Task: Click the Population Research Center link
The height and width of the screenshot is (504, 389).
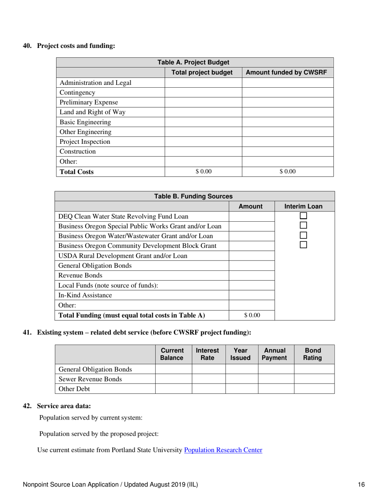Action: pyautogui.click(x=223, y=450)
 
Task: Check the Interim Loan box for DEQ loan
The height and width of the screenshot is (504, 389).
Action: pyautogui.click(x=303, y=216)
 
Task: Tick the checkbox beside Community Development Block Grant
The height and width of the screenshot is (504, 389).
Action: pyautogui.click(x=303, y=245)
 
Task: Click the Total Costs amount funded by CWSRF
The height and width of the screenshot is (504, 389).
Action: pyautogui.click(x=287, y=172)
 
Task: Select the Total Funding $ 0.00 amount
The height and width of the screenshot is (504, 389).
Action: pyautogui.click(x=252, y=315)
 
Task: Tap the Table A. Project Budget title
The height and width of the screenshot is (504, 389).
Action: pyautogui.click(x=194, y=62)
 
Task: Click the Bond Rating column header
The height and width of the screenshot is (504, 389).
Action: pyautogui.click(x=314, y=354)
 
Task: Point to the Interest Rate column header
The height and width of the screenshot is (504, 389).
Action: pyautogui.click(x=208, y=354)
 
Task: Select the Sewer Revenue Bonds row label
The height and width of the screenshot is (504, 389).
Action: pyautogui.click(x=90, y=379)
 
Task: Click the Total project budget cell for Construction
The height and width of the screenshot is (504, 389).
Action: pyautogui.click(x=203, y=152)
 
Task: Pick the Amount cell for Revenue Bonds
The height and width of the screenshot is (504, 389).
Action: pyautogui.click(x=251, y=275)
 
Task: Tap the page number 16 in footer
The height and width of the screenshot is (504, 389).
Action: pyautogui.click(x=361, y=485)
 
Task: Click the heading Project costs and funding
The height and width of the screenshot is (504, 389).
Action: pyautogui.click(x=76, y=46)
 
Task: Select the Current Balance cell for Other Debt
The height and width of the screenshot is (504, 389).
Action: pyautogui.click(x=173, y=389)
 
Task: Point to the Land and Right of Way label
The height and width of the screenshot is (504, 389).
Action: pyautogui.click(x=93, y=112)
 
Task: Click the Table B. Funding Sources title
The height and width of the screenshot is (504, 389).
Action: pyautogui.click(x=194, y=196)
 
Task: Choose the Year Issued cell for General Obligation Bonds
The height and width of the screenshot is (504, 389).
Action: pyautogui.click(x=241, y=369)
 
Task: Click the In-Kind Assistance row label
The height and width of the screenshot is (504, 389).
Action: pyautogui.click(x=85, y=295)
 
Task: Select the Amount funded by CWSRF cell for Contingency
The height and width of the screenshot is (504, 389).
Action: pyautogui.click(x=287, y=93)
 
